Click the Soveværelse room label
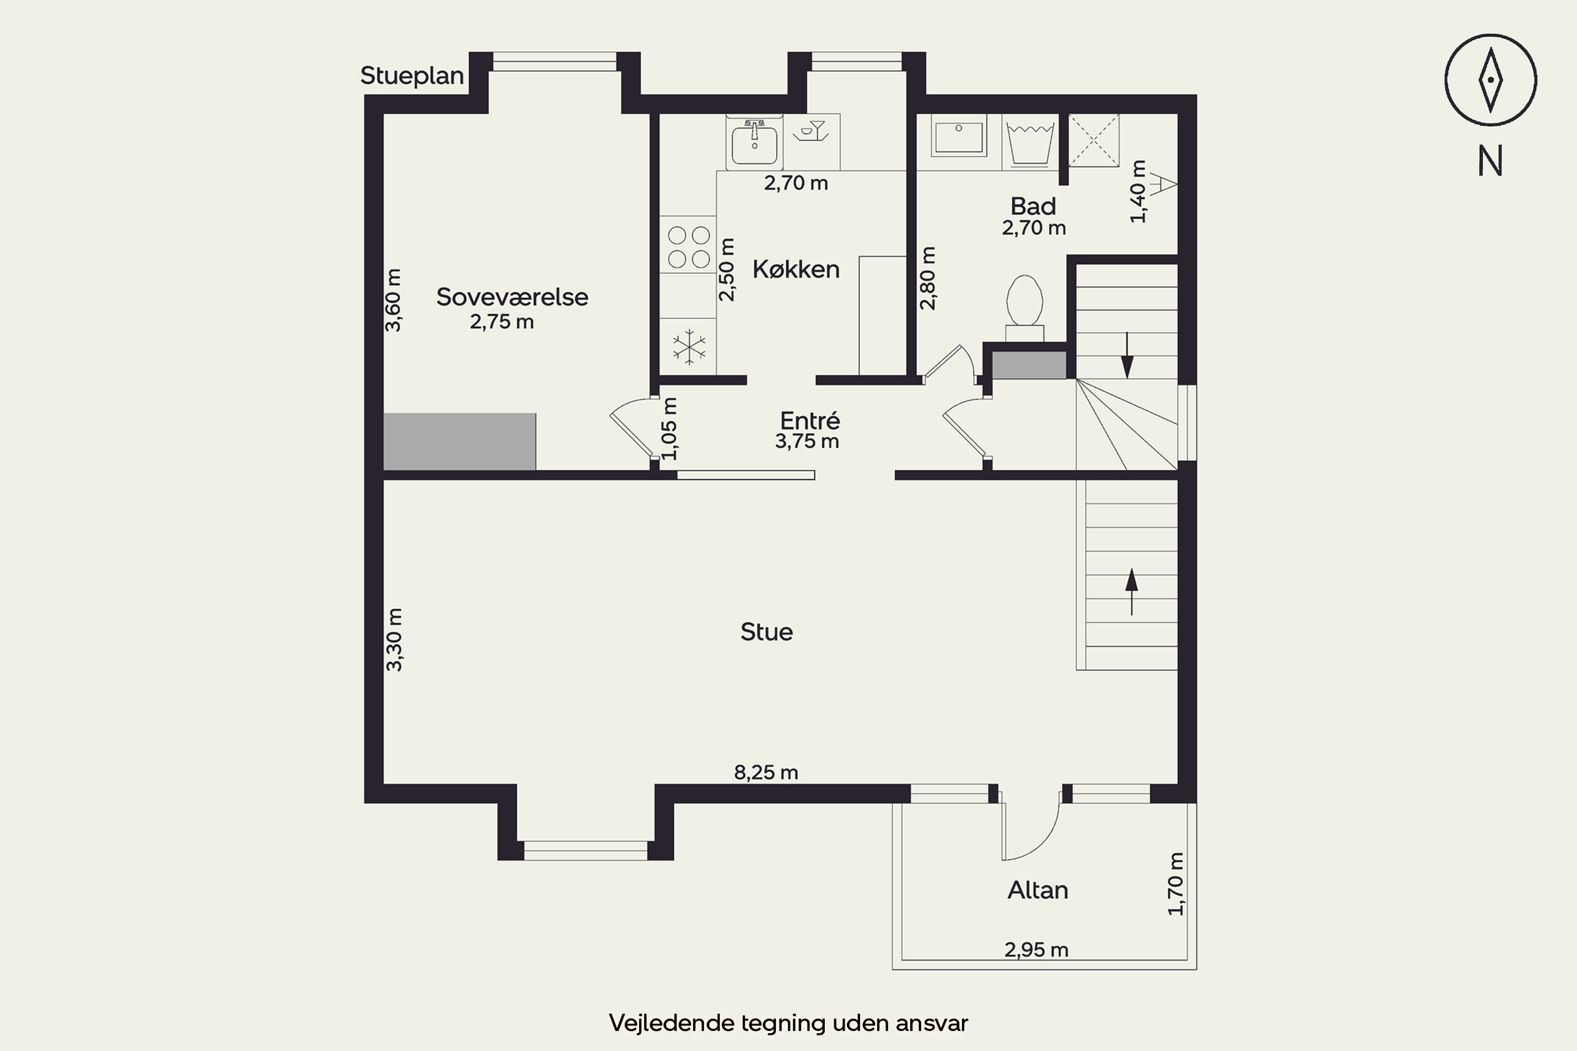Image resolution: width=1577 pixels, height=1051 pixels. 512,297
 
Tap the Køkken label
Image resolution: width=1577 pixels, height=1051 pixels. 796,270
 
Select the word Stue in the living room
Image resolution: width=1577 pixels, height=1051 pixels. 766,632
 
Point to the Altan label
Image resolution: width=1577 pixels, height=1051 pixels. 1037,890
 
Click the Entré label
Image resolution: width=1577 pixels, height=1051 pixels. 810,420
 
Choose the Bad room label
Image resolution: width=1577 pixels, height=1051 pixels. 1033,206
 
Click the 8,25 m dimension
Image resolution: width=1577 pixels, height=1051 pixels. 766,773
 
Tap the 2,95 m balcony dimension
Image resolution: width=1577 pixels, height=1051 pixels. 1036,950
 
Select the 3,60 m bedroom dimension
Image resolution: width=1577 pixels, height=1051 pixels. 394,300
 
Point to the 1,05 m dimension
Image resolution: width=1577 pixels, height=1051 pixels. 669,428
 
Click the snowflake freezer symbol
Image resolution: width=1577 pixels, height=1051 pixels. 689,347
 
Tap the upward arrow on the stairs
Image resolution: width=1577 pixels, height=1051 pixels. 1132,591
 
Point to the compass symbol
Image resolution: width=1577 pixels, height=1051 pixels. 1490,80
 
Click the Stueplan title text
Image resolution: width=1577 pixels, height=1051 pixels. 412,76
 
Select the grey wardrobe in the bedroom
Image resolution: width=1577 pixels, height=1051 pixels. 459,442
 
